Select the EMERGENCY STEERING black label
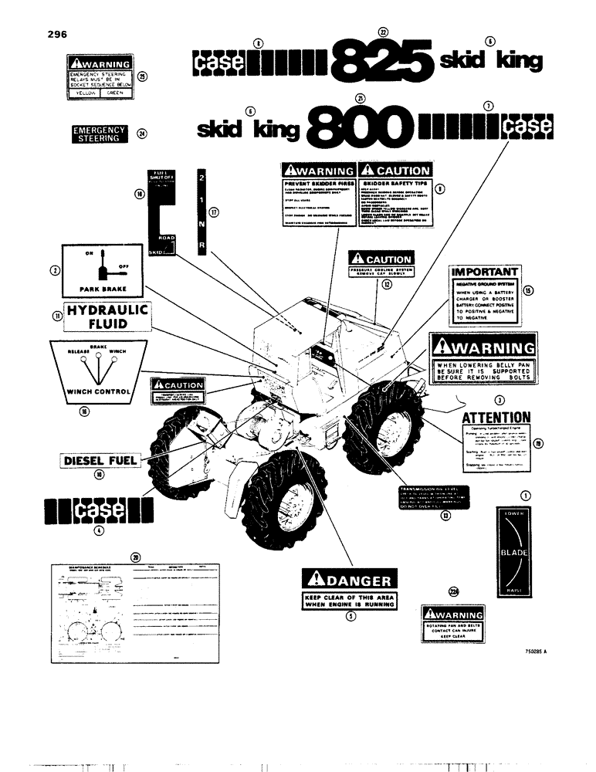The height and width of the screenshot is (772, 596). [99, 134]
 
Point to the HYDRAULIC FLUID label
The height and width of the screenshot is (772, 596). [107, 318]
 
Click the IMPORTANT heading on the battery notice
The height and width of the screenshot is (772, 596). [484, 273]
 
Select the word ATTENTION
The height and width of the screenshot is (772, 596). [496, 418]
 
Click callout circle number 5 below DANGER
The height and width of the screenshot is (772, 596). [350, 617]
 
